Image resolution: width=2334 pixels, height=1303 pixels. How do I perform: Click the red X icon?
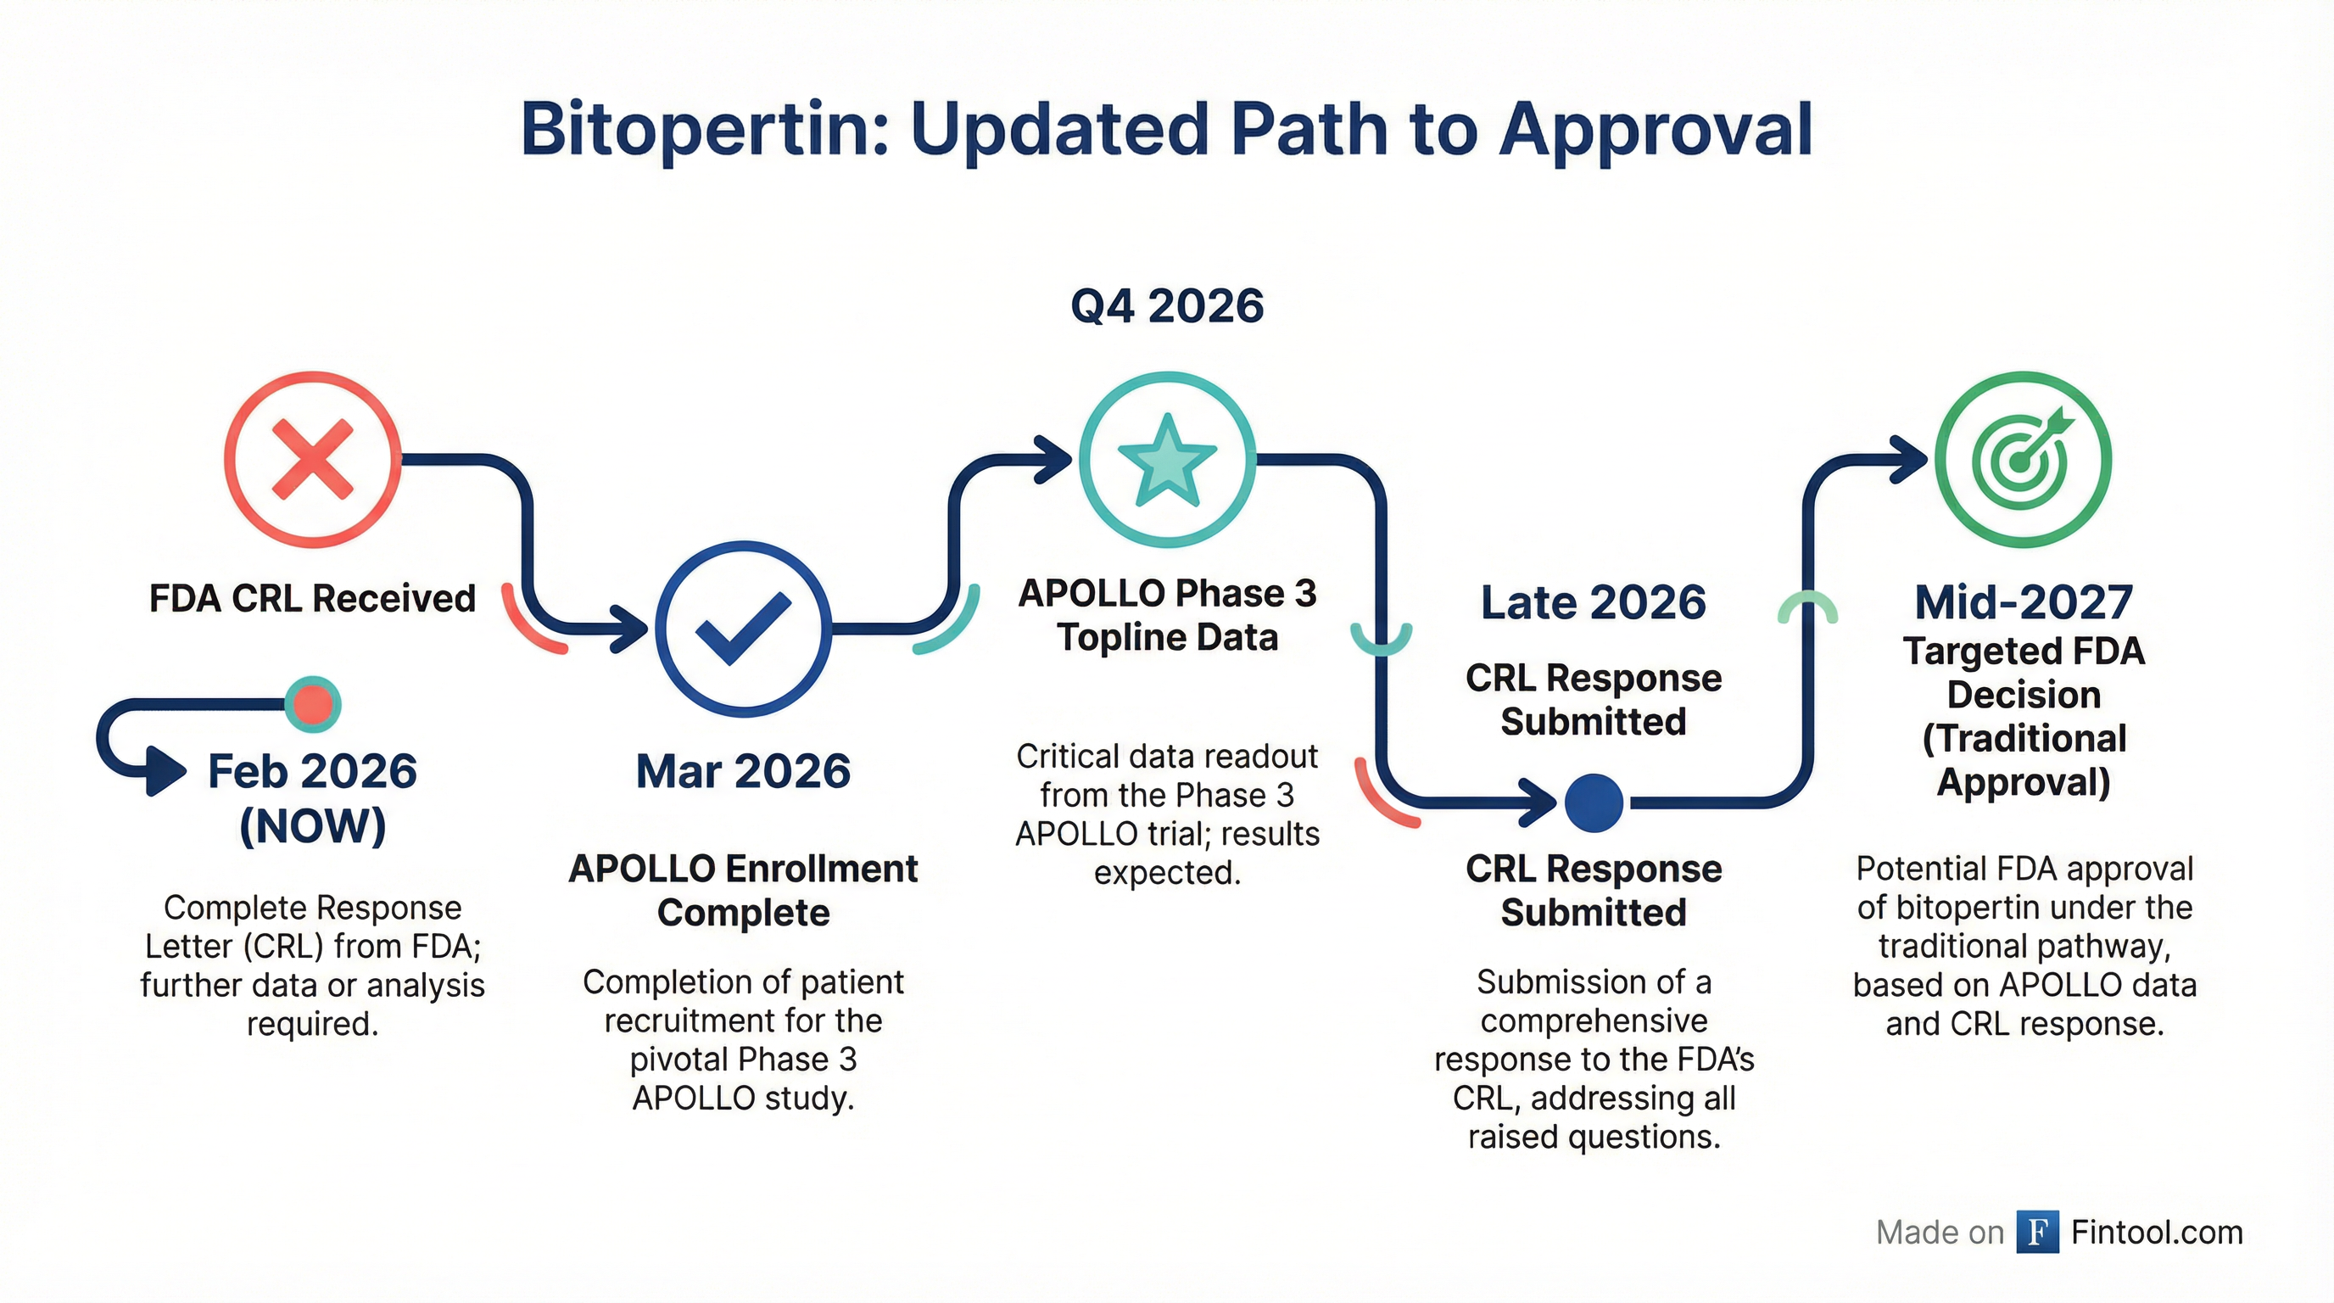313,460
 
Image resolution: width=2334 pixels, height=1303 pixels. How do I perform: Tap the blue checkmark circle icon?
743,629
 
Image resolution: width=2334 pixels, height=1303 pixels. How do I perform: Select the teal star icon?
1167,460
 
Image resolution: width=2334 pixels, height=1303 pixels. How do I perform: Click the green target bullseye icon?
2022,460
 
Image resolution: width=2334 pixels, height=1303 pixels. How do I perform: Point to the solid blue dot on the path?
1593,802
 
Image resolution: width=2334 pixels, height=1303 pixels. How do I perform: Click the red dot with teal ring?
313,704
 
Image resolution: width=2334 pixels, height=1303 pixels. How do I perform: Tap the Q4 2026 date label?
1167,306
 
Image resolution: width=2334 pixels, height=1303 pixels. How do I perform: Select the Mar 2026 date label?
743,771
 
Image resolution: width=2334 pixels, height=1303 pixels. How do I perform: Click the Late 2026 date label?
1593,602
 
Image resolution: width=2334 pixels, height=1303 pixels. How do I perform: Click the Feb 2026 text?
313,771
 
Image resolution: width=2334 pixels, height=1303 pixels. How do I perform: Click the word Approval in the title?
1655,130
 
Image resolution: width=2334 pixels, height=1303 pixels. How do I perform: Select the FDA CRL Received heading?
313,599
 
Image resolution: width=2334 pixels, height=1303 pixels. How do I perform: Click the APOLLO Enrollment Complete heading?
743,890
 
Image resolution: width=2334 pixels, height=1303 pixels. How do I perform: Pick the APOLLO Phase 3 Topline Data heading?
1167,615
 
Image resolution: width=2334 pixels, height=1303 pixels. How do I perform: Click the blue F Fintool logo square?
2037,1233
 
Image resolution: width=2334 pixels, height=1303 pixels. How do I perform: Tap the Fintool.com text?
2157,1233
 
